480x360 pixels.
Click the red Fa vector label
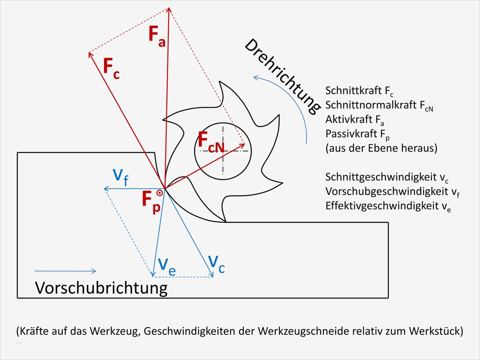(x=156, y=36)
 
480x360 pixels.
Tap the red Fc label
(x=111, y=68)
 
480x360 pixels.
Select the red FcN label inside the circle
(x=211, y=142)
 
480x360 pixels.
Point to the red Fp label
(x=151, y=201)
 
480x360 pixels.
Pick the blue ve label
(x=166, y=266)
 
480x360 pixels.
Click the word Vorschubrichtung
(x=101, y=288)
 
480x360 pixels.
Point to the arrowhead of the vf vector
(x=106, y=189)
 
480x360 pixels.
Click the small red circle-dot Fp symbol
(x=159, y=193)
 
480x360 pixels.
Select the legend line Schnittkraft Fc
(x=359, y=91)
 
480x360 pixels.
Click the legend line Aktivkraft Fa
(x=354, y=120)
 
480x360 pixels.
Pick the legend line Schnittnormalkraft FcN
(x=379, y=105)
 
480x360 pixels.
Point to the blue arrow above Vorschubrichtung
(x=65, y=271)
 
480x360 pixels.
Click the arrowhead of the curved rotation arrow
(x=255, y=78)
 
